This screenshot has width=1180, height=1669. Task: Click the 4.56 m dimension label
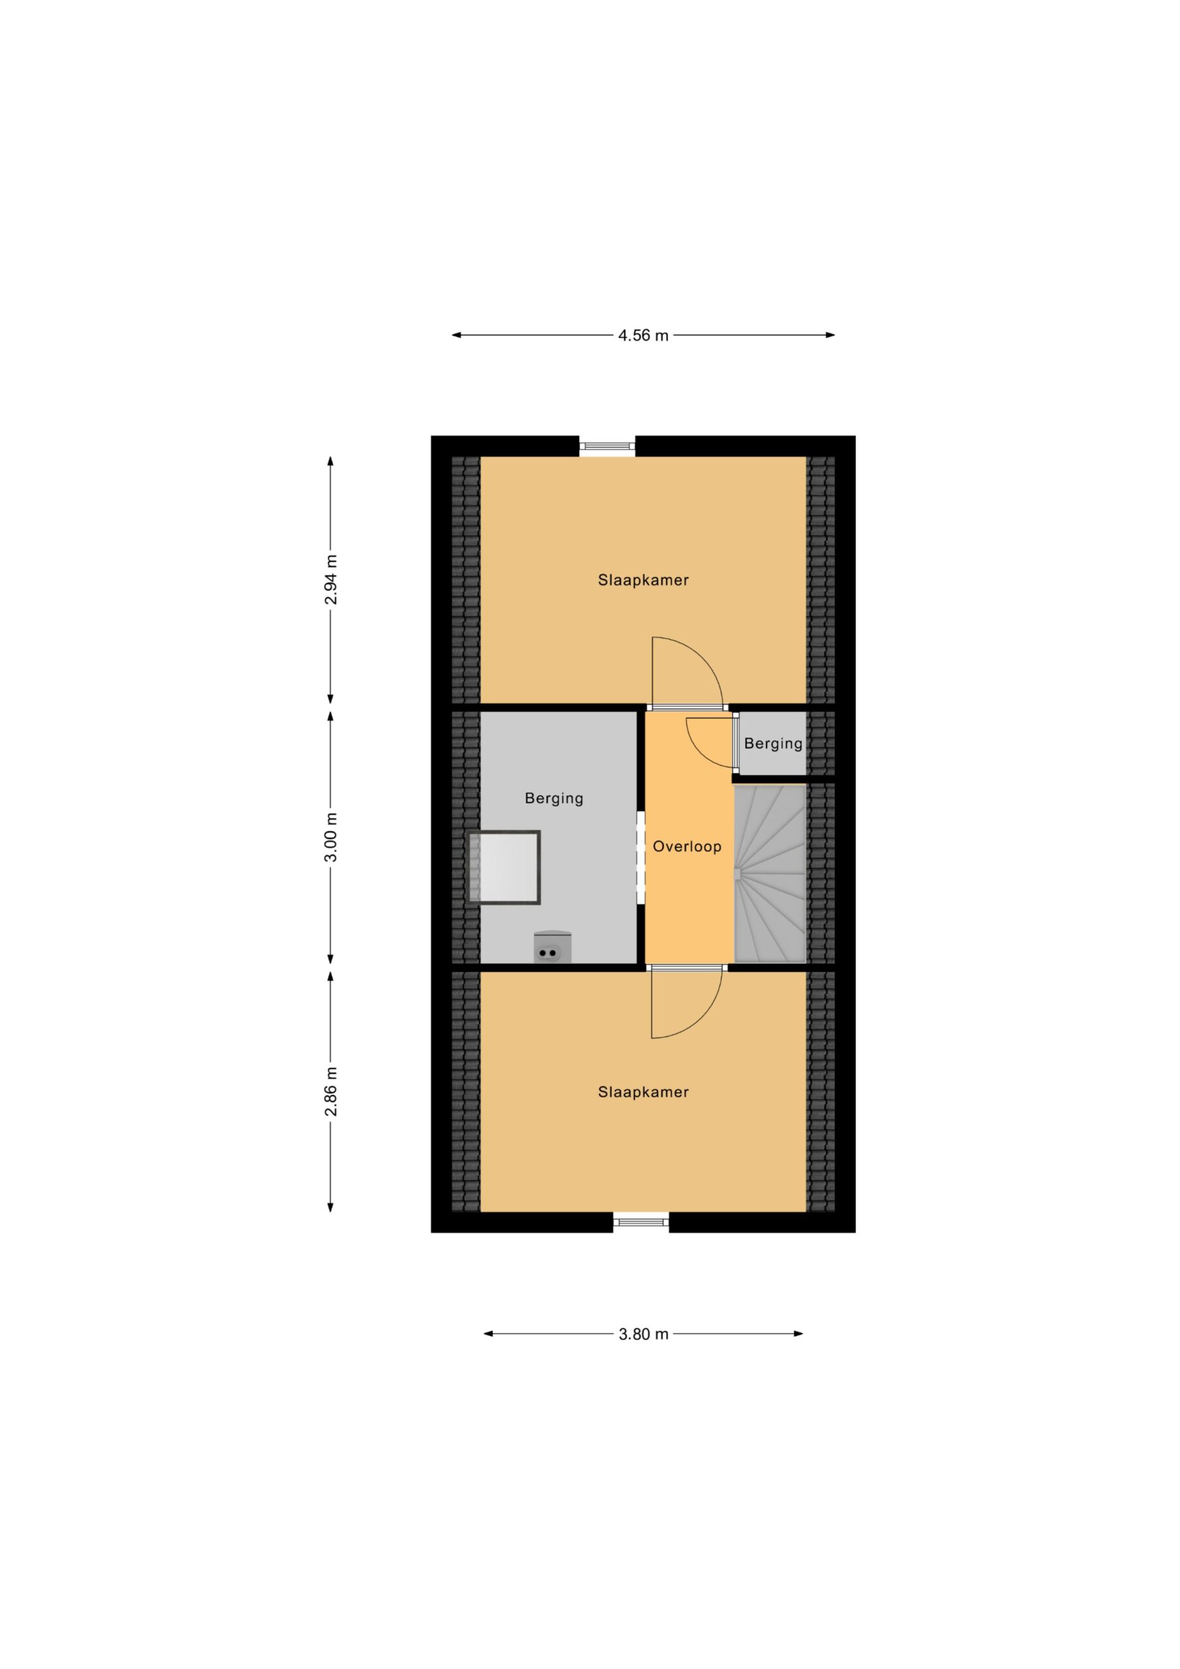tap(643, 335)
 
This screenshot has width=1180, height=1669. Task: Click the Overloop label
tap(687, 846)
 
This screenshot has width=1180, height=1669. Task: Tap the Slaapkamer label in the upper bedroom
tap(643, 580)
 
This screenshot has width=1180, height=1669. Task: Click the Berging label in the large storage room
tap(554, 799)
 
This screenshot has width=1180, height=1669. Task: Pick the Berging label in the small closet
tap(773, 744)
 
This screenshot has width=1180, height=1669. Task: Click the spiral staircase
tap(770, 874)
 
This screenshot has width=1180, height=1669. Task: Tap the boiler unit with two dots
tap(552, 948)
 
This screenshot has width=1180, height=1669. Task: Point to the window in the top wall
tap(607, 447)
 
